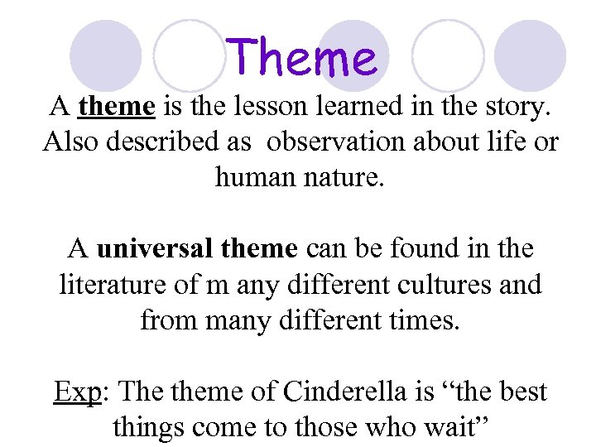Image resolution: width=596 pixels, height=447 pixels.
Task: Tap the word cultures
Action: pos(456,284)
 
